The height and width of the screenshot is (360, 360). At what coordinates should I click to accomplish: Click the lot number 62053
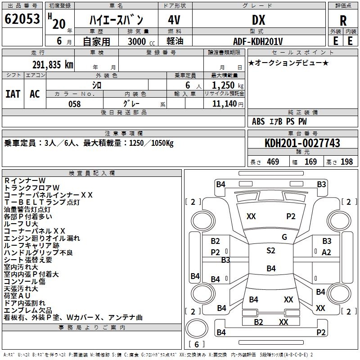22,19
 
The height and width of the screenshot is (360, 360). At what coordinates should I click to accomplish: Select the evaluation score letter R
343,21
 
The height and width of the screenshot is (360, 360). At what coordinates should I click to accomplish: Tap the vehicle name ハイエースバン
116,20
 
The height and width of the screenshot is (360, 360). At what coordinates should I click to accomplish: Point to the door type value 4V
174,20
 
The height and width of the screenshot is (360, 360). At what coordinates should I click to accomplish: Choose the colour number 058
74,104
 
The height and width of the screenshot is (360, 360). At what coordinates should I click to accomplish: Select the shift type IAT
13,94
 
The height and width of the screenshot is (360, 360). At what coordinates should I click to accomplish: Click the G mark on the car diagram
284,237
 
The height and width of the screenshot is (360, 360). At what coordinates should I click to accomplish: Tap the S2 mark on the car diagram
270,251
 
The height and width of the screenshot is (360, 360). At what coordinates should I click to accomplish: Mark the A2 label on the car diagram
326,252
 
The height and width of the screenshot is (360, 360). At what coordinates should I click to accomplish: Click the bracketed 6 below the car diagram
196,345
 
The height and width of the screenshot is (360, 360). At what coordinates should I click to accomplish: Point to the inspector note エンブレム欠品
28,310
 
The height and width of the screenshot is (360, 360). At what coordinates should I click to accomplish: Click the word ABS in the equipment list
258,121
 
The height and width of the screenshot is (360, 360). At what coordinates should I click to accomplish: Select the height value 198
347,162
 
